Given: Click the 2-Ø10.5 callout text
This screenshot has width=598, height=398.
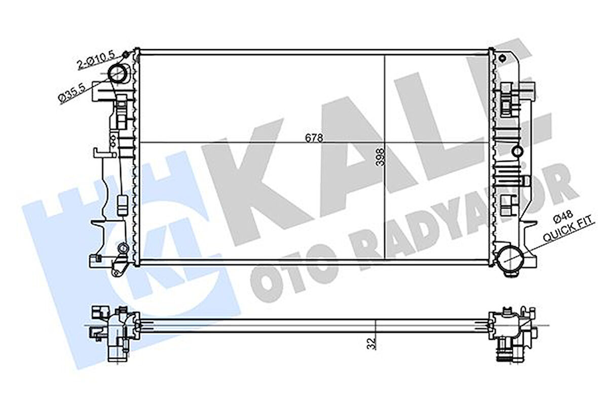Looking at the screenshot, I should (97, 59).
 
